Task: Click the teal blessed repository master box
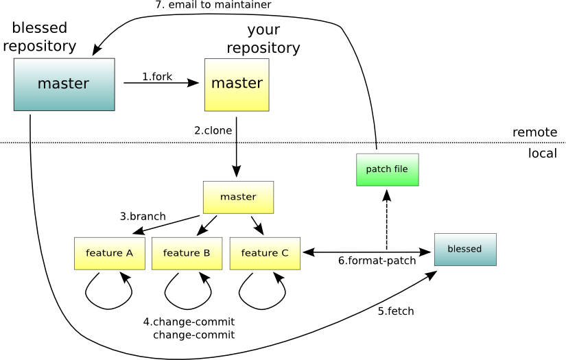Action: pyautogui.click(x=64, y=84)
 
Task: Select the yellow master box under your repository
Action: pyautogui.click(x=237, y=84)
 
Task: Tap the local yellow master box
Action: pyautogui.click(x=238, y=197)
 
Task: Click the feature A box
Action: pyautogui.click(x=109, y=253)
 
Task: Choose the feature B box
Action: pyautogui.click(x=187, y=253)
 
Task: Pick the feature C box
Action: pyautogui.click(x=264, y=253)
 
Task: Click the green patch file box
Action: pyautogui.click(x=387, y=169)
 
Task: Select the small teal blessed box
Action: pyautogui.click(x=464, y=249)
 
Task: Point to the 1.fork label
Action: pyautogui.click(x=157, y=77)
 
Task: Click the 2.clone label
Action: pyautogui.click(x=213, y=130)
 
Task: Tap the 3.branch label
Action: pyautogui.click(x=143, y=216)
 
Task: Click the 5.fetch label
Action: pyautogui.click(x=396, y=311)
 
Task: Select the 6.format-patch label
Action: pyautogui.click(x=377, y=261)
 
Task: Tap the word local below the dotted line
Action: pyautogui.click(x=542, y=154)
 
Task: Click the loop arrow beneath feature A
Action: pyautogui.click(x=108, y=291)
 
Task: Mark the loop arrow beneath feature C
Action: pyautogui.click(x=262, y=291)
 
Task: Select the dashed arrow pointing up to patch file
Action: pyautogui.click(x=387, y=219)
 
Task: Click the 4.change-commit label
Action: pyautogui.click(x=189, y=322)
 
